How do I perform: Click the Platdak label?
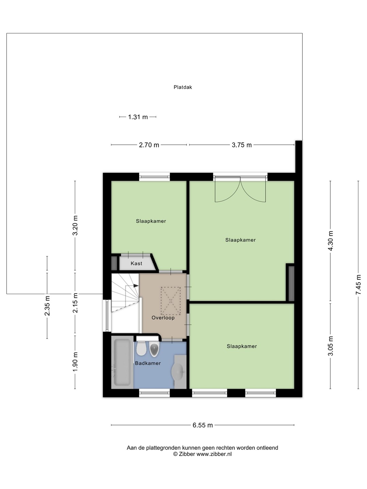pyautogui.click(x=183, y=87)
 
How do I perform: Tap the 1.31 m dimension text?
pyautogui.click(x=138, y=117)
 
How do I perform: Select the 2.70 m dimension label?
pyautogui.click(x=149, y=145)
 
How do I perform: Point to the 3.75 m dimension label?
pyautogui.click(x=242, y=145)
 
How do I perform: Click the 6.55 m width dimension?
pyautogui.click(x=203, y=425)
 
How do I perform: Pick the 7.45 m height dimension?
pyautogui.click(x=358, y=285)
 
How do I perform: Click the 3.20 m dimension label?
pyautogui.click(x=75, y=225)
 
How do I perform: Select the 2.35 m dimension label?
pyautogui.click(x=47, y=306)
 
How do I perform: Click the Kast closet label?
pyautogui.click(x=136, y=263)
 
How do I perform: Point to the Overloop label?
pyautogui.click(x=163, y=318)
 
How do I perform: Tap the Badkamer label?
pyautogui.click(x=148, y=363)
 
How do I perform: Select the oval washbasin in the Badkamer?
pyautogui.click(x=178, y=372)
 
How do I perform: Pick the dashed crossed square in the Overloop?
pyautogui.click(x=171, y=301)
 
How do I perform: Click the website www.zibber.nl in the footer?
pyautogui.click(x=214, y=454)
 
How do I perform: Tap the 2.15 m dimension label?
pyautogui.click(x=75, y=303)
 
